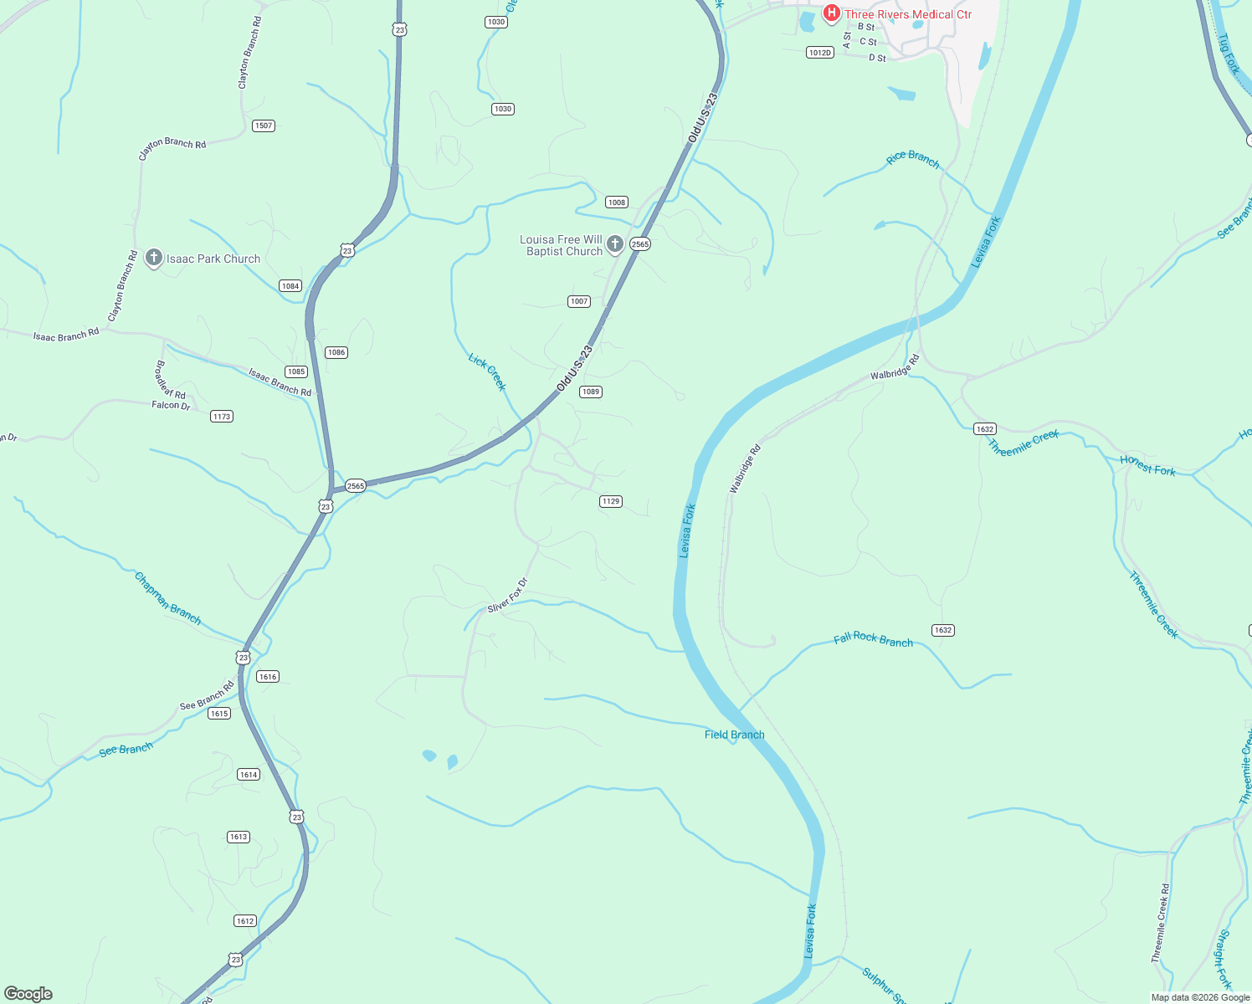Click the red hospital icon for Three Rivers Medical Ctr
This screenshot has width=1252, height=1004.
tap(831, 13)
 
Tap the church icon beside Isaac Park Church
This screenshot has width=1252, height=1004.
tap(153, 258)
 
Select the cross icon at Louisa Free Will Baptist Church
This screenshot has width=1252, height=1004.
tap(615, 244)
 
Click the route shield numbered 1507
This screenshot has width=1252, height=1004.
tap(264, 125)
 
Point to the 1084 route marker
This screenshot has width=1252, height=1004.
tap(290, 286)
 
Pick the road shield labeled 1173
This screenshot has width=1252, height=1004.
tap(222, 417)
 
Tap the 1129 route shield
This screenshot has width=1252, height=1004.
tap(611, 502)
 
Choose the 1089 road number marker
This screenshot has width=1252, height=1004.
tap(591, 392)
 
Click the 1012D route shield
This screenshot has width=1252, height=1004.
tap(820, 53)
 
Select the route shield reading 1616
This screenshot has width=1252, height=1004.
tap(268, 677)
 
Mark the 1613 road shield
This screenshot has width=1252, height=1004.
tap(239, 837)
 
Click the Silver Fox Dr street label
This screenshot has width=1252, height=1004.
tap(508, 595)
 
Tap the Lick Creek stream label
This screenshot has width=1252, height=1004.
tap(487, 372)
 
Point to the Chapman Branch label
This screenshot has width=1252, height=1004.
tap(167, 598)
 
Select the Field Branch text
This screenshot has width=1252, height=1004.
tap(734, 735)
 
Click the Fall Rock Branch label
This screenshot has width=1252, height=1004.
tap(873, 640)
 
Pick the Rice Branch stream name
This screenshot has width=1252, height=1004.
tap(912, 159)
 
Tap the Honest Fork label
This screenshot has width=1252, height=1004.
tap(1147, 466)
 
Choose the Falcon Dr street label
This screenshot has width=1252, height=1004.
tap(171, 406)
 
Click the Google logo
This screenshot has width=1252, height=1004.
tap(28, 994)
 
